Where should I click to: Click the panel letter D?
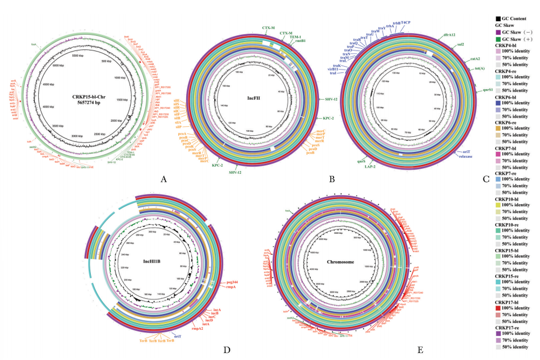click(x=227, y=350)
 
